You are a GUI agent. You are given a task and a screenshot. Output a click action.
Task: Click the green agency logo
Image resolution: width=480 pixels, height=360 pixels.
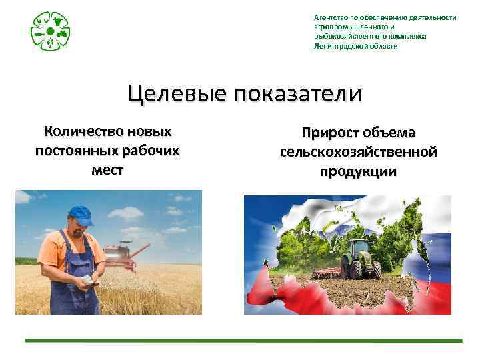pos(51,31)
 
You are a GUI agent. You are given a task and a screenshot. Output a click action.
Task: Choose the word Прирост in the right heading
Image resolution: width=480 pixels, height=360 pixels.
pos(333,133)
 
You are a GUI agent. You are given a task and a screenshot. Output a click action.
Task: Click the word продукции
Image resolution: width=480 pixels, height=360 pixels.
pos(358,171)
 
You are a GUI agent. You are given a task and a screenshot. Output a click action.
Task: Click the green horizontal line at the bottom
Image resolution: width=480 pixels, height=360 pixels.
pos(243,341)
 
